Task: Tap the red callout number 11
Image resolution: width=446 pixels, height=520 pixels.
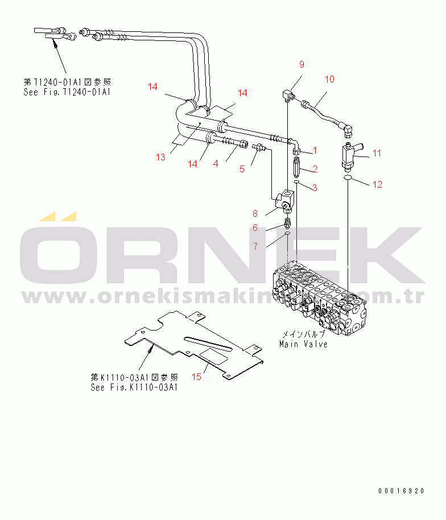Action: [x=377, y=153]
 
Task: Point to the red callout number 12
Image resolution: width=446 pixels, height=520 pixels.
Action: [x=377, y=184]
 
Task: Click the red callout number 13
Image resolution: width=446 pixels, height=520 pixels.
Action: [x=161, y=157]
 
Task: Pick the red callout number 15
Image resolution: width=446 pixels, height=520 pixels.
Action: [x=196, y=377]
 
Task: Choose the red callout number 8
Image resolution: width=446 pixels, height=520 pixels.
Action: [x=255, y=214]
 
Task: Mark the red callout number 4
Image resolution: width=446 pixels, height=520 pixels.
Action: [x=216, y=164]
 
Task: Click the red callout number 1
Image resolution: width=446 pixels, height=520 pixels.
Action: [x=315, y=151]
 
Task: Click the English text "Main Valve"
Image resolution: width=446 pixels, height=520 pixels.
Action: [x=303, y=344]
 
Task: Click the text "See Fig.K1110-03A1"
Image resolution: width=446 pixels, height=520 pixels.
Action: [x=135, y=387]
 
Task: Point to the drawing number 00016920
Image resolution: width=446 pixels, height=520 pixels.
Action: [x=400, y=490]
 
